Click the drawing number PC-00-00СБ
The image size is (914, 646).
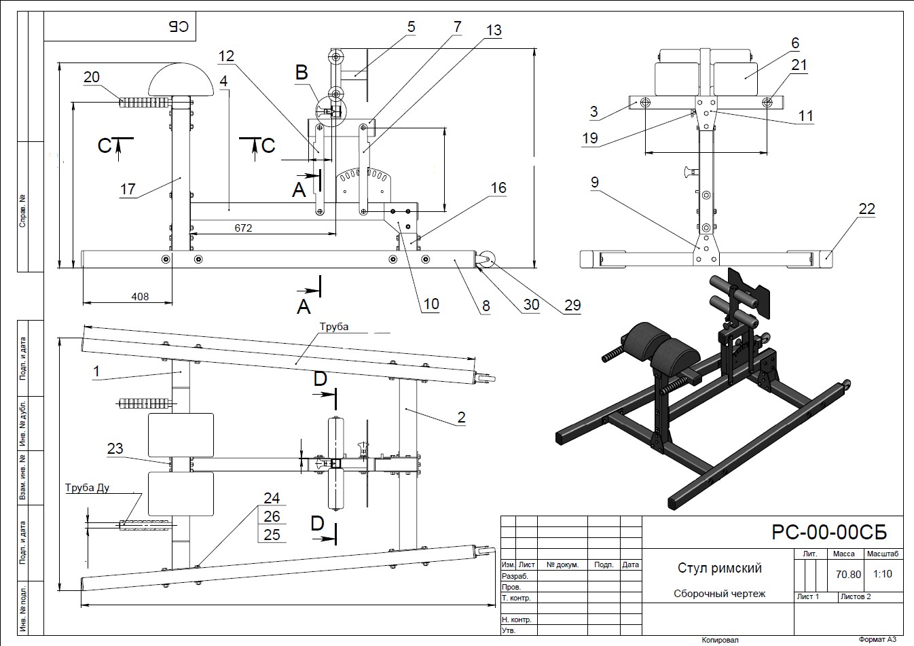(x=828, y=532)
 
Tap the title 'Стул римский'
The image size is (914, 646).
(x=720, y=568)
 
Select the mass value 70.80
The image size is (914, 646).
(x=848, y=574)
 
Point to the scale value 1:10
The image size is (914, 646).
(x=883, y=574)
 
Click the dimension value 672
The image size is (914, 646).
(x=243, y=228)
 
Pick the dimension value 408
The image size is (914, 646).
(x=140, y=296)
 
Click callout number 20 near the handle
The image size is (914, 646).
(x=92, y=77)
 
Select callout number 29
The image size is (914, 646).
(x=572, y=305)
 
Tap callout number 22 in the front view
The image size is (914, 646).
(x=867, y=209)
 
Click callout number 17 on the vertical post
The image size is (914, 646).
(x=128, y=189)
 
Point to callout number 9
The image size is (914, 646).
(x=595, y=182)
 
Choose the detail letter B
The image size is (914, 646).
(x=301, y=72)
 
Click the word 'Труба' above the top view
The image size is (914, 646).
(x=334, y=327)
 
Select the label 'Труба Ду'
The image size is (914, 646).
(x=88, y=488)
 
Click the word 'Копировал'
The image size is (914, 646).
(x=720, y=639)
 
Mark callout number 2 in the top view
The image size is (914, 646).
(x=461, y=416)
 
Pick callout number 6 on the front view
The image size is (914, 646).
(x=795, y=43)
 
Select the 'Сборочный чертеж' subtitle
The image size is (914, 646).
(x=719, y=594)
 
